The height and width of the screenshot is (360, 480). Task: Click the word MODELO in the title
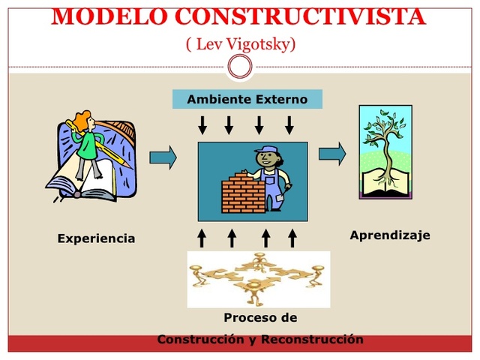[97, 16]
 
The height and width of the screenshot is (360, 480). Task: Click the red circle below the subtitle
[240, 67]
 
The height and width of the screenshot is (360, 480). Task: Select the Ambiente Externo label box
[247, 99]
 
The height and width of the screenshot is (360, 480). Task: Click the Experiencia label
[96, 238]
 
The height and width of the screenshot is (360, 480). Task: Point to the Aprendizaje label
[390, 235]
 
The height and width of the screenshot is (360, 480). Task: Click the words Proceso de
[260, 317]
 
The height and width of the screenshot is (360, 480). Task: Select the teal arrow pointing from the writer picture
[163, 157]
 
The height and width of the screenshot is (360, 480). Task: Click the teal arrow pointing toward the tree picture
[332, 154]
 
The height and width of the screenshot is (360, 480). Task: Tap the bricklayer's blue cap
[266, 151]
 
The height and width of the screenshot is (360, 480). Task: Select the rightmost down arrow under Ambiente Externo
[289, 124]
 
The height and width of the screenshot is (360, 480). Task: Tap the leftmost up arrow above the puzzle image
[201, 238]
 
